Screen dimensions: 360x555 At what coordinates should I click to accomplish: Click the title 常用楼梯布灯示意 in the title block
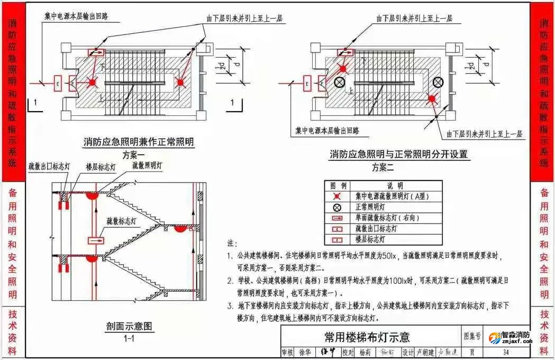367,337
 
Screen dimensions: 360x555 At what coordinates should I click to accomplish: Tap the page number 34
506,352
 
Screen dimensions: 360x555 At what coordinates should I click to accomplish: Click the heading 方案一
133,155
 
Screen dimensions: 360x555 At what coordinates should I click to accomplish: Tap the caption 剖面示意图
129,326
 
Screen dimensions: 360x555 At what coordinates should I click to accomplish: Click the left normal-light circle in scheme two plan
339,82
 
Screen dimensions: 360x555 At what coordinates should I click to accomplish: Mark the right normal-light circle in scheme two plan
438,82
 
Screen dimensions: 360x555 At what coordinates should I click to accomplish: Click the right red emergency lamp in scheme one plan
180,82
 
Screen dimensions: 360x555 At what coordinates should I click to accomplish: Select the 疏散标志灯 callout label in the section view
122,220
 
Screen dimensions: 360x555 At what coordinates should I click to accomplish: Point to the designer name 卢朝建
423,352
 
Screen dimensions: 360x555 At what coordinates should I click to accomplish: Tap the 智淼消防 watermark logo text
515,335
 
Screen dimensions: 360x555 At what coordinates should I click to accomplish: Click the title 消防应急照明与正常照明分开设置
399,155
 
